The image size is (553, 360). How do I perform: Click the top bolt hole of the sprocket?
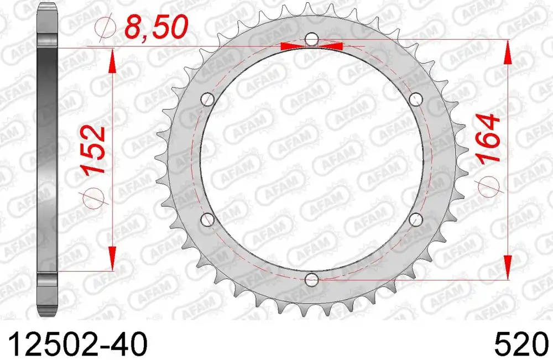(x=312, y=40)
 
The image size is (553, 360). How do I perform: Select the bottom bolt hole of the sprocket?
(x=312, y=280)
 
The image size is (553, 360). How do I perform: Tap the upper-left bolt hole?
(x=208, y=100)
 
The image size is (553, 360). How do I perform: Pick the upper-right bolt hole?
(x=416, y=100)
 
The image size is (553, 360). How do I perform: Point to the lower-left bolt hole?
(x=208, y=220)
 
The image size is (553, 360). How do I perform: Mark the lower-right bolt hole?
(x=416, y=220)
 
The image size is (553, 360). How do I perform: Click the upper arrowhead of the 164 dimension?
(x=508, y=53)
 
